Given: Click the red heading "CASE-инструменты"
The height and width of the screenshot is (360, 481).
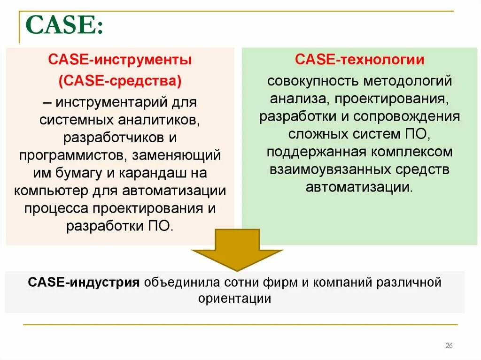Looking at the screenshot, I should click(x=120, y=61).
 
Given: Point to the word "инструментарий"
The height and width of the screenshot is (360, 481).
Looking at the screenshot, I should click(x=112, y=102).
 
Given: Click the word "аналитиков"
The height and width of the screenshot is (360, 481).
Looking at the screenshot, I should click(x=159, y=120).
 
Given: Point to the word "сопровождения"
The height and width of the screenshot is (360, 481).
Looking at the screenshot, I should click(x=407, y=116).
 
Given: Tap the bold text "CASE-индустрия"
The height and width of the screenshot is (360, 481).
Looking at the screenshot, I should click(x=84, y=283).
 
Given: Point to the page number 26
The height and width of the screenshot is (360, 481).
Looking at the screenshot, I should click(x=449, y=346).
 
